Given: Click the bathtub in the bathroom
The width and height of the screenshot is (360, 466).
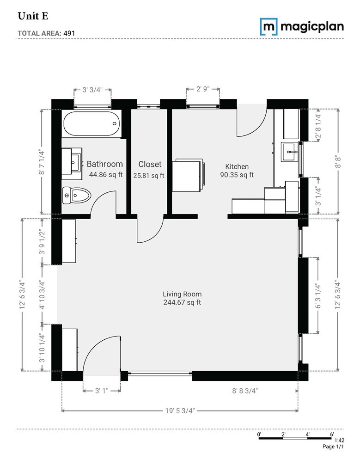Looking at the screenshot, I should point(92,124).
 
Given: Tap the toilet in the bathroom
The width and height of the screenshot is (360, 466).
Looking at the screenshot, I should point(77,195).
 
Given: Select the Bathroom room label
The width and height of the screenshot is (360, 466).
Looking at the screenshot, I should point(105,164).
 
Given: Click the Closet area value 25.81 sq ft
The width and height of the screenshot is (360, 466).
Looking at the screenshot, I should point(149,176).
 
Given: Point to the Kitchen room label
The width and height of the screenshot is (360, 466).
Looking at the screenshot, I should point(237,166).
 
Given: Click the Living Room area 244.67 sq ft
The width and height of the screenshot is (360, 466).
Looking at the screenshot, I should point(182,303).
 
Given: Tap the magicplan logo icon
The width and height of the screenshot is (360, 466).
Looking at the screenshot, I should point(268,26).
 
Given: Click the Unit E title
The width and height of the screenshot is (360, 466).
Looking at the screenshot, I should point(33,16).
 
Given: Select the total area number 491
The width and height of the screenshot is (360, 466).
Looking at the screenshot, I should point(71,33).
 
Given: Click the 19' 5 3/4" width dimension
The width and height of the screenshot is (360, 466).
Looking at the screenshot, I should point(179,410).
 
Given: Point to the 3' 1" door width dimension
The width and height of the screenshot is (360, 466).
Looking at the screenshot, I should point(102,391).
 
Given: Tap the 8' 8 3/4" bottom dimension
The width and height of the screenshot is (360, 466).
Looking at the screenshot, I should point(245,391).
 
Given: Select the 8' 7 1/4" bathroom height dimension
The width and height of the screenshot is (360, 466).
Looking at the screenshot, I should point(42,161).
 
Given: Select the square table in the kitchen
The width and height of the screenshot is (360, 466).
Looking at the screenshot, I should point(187,174).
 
